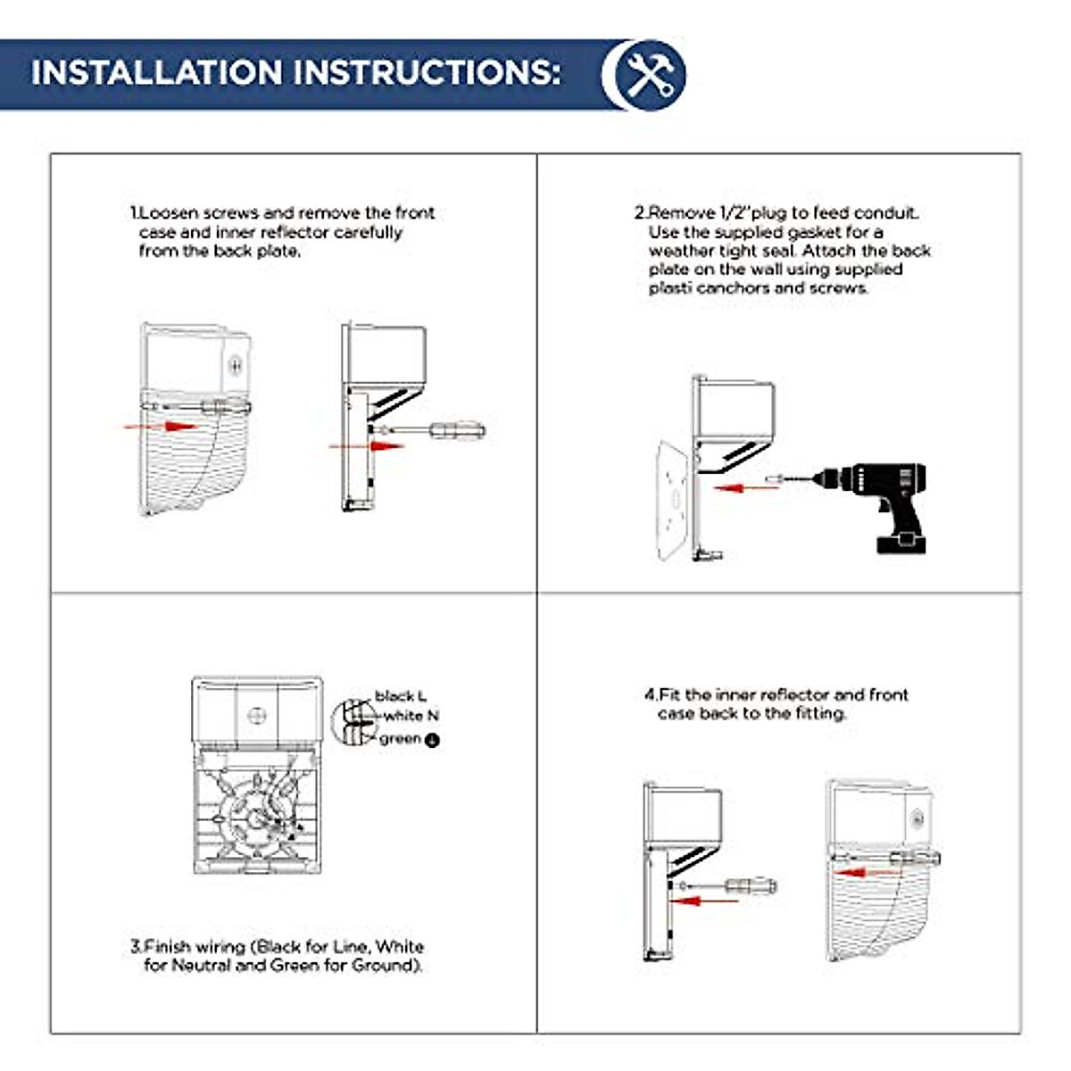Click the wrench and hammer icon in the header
coord(648,75)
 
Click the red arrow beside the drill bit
coord(746,488)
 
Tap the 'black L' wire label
coord(401,695)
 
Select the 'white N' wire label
coord(411,716)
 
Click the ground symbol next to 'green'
coord(432,740)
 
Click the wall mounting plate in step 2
coord(674,501)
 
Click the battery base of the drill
coord(901,543)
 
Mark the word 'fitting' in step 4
coord(820,714)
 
